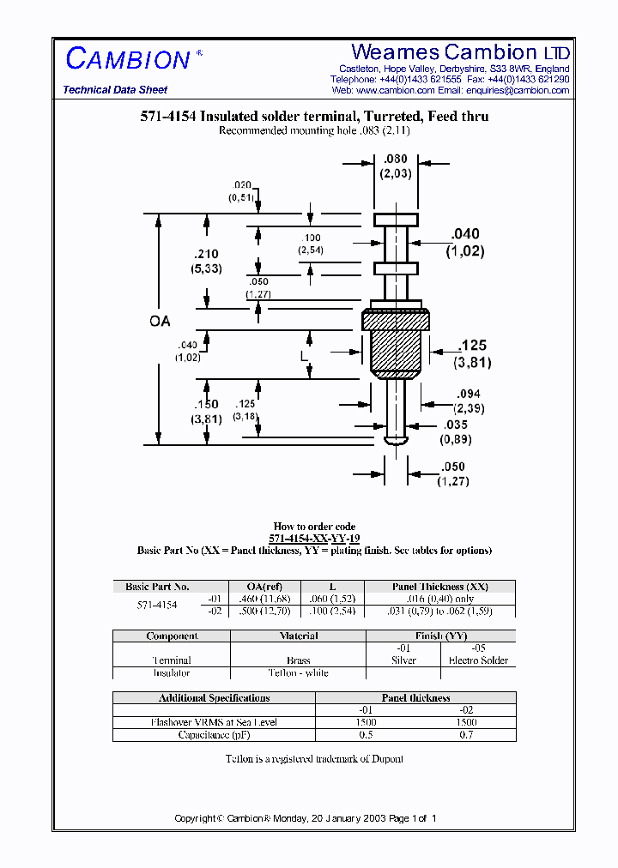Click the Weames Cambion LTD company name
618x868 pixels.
click(x=460, y=52)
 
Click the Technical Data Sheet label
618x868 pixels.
click(x=115, y=90)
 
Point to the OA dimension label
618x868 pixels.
click(x=160, y=322)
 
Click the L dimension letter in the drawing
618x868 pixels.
click(x=304, y=353)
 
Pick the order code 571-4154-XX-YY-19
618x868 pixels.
click(x=314, y=539)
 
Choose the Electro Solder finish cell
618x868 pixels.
click(x=478, y=660)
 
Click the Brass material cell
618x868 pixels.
click(x=298, y=660)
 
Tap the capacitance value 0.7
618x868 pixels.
click(x=466, y=735)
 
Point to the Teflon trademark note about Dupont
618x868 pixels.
click(x=314, y=759)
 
